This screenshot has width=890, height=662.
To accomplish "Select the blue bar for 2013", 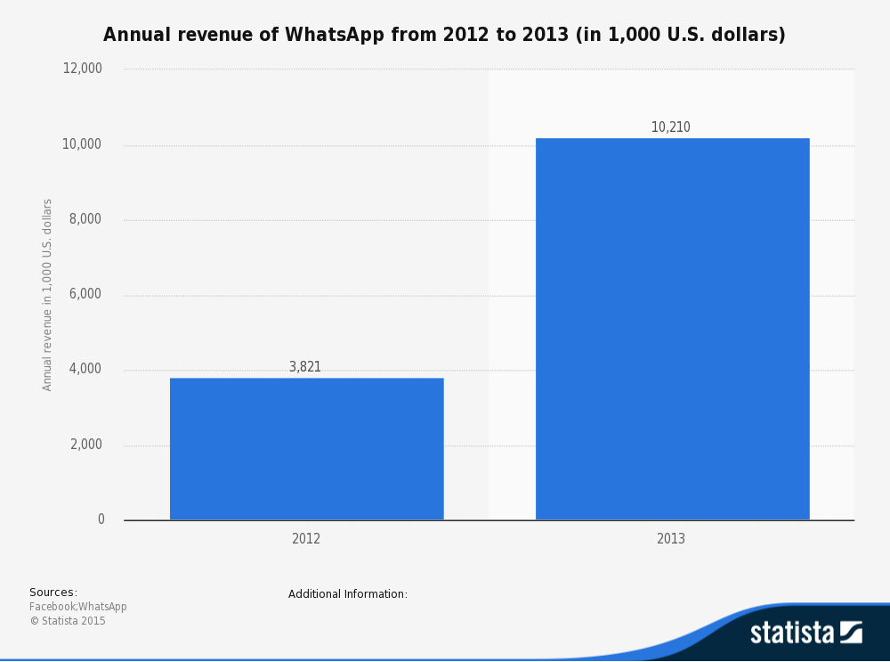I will (672, 329).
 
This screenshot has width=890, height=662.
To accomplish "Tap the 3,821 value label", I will (305, 367).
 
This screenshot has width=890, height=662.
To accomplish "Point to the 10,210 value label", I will (670, 127).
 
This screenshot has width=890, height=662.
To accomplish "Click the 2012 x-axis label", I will (306, 539).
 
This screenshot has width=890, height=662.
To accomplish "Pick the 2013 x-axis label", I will (671, 539).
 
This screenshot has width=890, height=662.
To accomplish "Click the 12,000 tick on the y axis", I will (83, 69).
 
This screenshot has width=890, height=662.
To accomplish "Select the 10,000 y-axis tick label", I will (83, 144).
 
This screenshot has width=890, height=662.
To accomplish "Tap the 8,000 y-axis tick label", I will (86, 219).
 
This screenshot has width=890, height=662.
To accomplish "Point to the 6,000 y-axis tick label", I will (86, 294).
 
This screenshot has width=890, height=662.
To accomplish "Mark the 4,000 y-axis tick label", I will (86, 369).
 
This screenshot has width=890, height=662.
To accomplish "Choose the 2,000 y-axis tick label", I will (86, 445).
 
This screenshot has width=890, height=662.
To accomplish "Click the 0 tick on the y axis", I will (101, 519).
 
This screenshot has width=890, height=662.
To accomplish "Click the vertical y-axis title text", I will (48, 294).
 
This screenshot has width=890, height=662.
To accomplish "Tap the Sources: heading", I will (53, 593).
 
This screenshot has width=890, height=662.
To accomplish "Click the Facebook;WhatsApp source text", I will (78, 607).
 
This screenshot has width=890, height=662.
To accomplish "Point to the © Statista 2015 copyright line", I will (68, 621).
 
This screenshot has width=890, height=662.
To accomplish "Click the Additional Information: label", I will (348, 594).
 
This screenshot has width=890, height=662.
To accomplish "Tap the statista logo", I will (805, 633).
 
